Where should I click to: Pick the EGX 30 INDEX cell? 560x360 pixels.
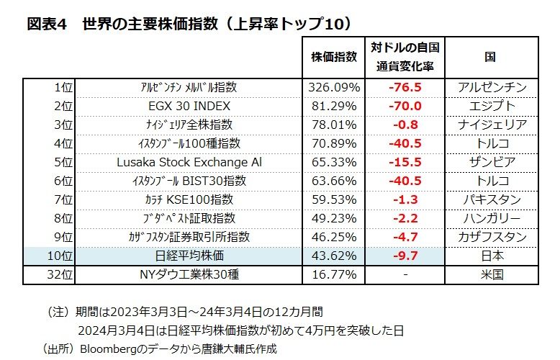(x=189, y=106)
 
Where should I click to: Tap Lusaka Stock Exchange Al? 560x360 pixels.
(x=189, y=162)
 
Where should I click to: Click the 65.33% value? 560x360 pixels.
(x=333, y=162)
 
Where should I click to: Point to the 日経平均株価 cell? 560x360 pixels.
(x=189, y=256)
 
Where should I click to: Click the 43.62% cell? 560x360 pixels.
(x=333, y=256)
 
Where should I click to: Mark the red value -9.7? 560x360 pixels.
(x=405, y=256)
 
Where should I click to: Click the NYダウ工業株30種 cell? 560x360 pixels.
(x=189, y=274)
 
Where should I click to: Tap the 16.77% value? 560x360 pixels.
(x=333, y=274)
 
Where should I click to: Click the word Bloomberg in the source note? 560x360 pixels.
(x=107, y=348)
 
